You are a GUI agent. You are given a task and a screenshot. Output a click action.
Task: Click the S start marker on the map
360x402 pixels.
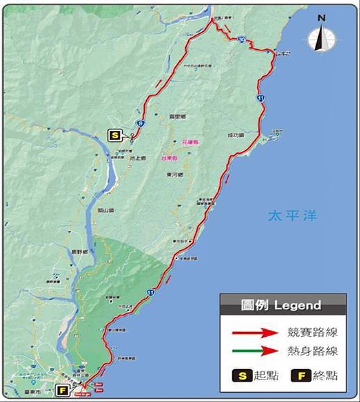point(115,135)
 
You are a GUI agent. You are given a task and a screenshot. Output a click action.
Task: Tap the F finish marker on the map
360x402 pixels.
point(63,390)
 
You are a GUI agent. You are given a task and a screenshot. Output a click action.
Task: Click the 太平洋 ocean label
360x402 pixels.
point(292,216)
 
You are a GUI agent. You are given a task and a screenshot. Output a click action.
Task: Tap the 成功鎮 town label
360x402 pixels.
point(235,135)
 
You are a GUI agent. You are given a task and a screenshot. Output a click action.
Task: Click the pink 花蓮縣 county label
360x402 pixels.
point(190,143)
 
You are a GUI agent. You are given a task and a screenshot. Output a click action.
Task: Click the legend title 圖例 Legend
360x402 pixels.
point(283,305)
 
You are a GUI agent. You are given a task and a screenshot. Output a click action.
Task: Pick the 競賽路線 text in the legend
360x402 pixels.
point(312,332)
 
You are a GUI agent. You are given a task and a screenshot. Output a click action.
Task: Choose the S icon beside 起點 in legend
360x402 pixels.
point(241,375)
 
